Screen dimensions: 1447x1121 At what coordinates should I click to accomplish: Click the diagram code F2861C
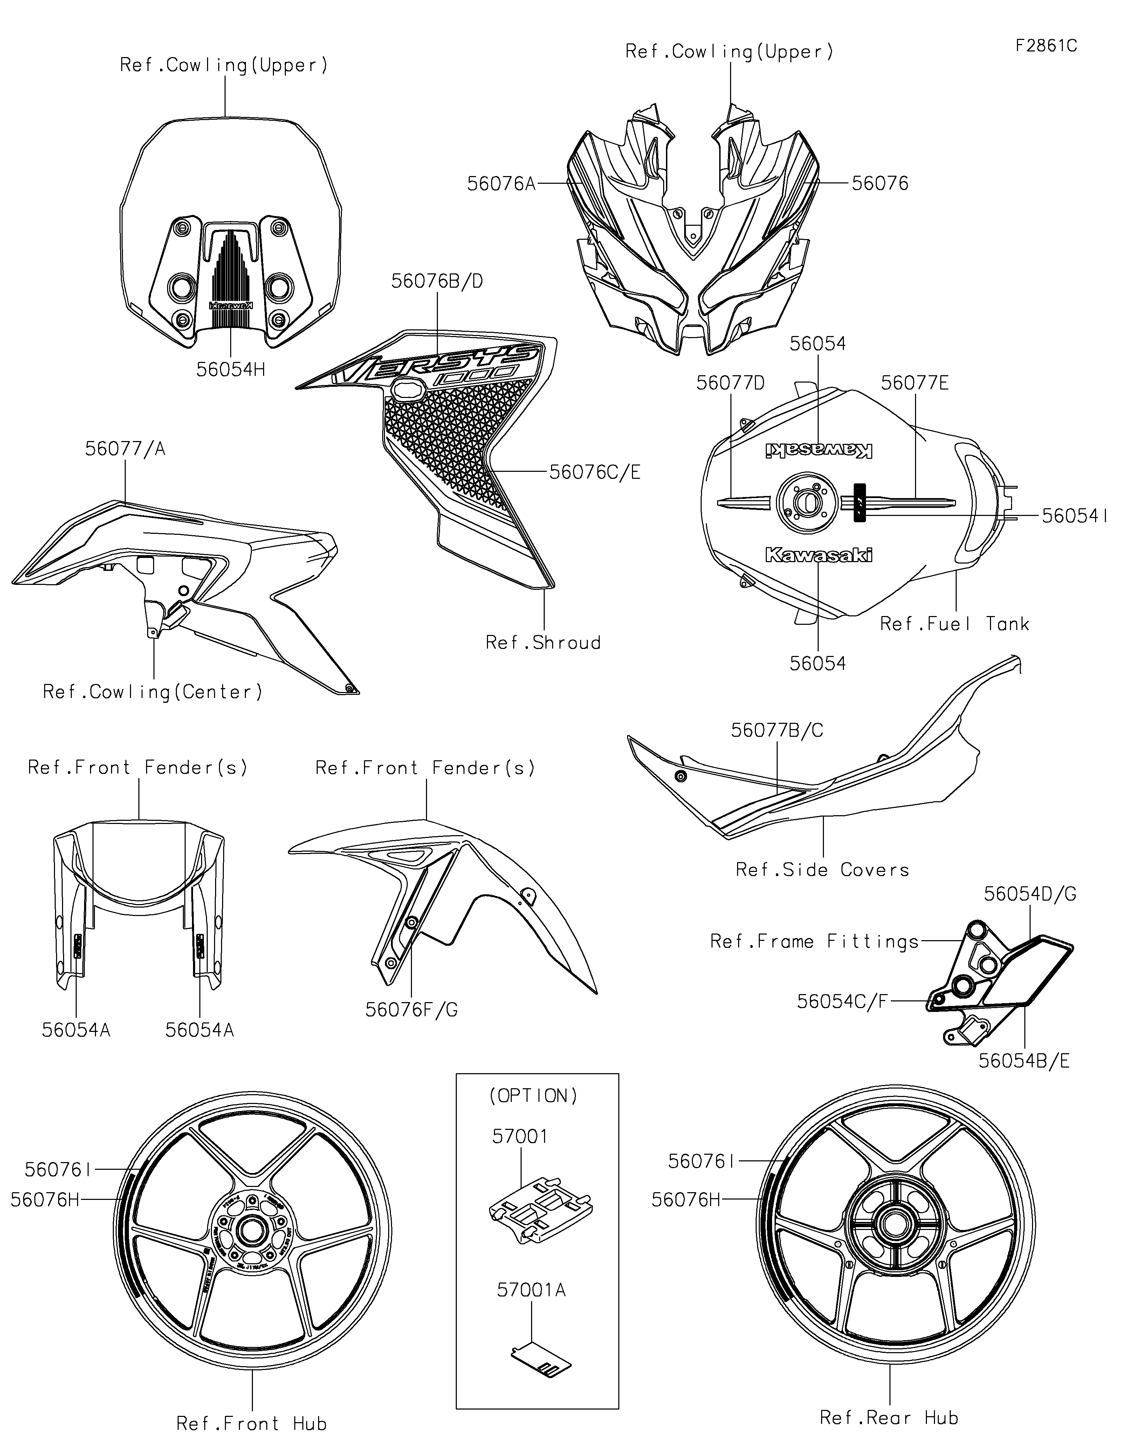[1046, 46]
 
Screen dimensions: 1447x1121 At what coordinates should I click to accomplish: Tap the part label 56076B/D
[437, 281]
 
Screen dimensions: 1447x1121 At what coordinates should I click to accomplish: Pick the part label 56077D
[730, 383]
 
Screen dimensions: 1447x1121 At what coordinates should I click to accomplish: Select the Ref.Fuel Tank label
[954, 623]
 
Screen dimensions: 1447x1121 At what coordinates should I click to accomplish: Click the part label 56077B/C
[777, 730]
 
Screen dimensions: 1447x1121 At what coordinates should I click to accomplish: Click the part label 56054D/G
[1030, 894]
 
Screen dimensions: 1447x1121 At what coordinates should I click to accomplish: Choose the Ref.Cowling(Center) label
[153, 692]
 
